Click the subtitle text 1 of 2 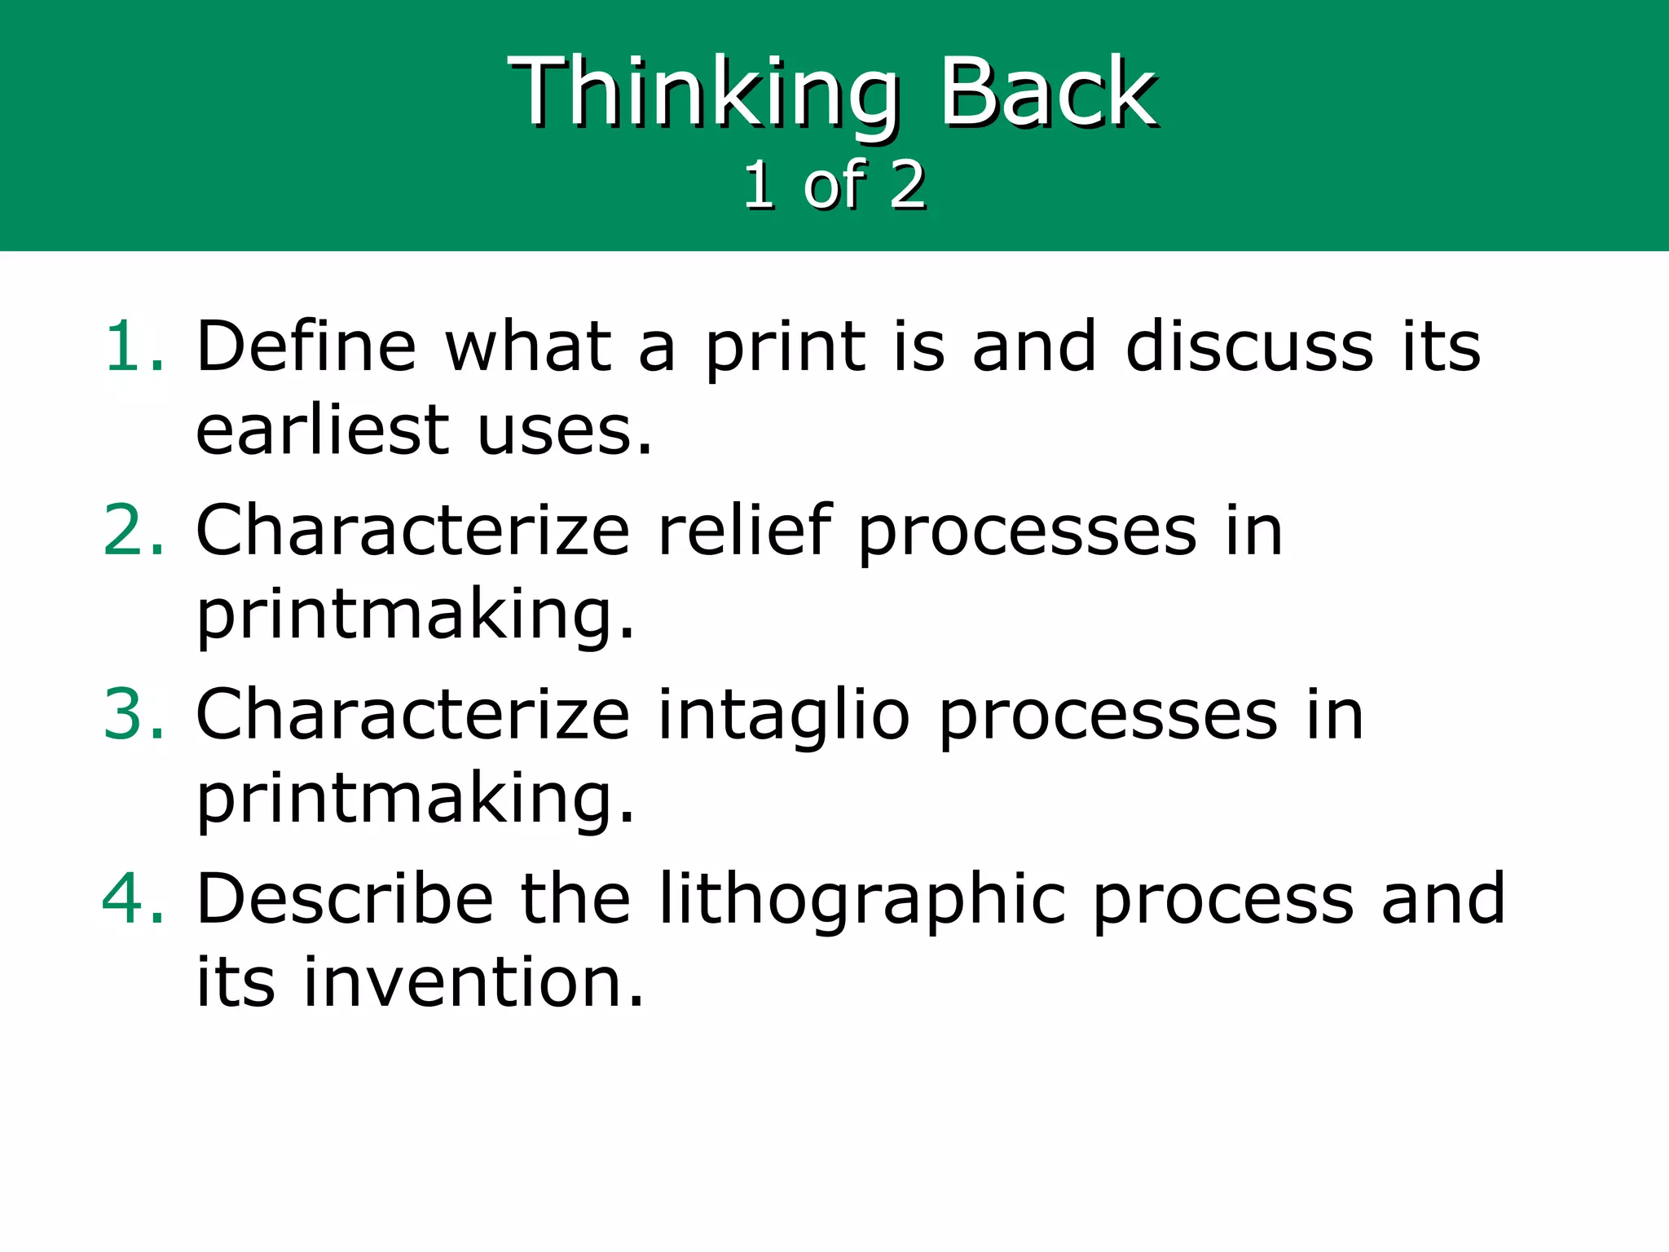tap(834, 186)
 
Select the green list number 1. tap(133, 346)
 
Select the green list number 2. tap(133, 531)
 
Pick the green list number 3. tap(133, 715)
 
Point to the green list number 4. tap(133, 899)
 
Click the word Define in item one tap(306, 346)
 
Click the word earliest tap(323, 430)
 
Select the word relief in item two tap(744, 531)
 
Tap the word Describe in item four tap(345, 899)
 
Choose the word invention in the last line tap(473, 982)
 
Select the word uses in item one tap(565, 430)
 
